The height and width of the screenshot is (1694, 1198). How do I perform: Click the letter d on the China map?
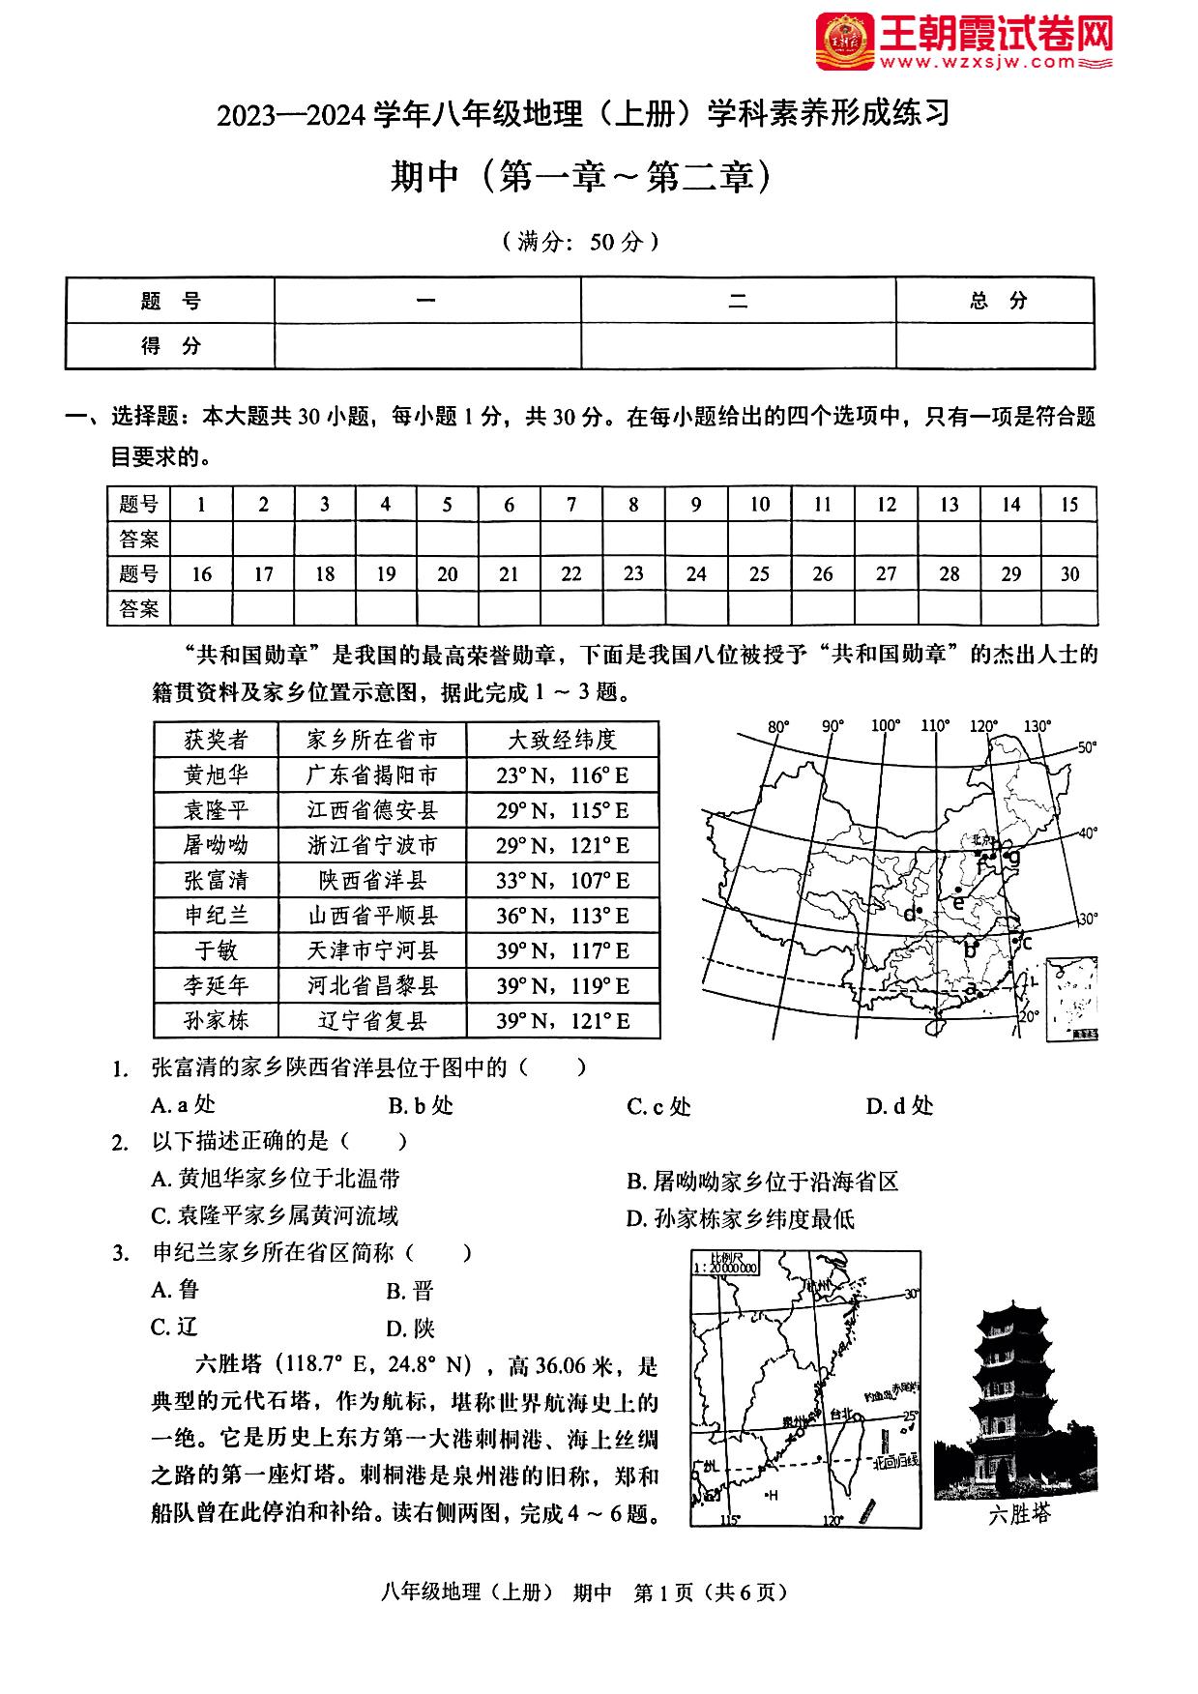point(909,914)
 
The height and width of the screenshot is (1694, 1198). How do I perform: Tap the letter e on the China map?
point(958,903)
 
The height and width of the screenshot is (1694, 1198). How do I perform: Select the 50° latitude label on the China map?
point(1087,747)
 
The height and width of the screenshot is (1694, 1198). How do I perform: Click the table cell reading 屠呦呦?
point(216,845)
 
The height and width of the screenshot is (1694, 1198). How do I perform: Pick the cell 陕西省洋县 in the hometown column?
point(372,880)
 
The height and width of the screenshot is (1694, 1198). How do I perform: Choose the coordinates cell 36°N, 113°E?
point(563,916)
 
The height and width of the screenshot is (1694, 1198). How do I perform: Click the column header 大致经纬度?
point(563,740)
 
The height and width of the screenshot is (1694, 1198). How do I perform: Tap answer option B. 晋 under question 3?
point(410,1291)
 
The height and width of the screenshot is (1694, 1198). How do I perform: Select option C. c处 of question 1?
point(658,1106)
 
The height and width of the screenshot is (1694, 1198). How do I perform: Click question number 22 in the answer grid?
point(571,573)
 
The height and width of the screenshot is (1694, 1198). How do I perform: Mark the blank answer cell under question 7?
point(571,539)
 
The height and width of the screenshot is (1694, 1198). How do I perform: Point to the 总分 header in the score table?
point(997,301)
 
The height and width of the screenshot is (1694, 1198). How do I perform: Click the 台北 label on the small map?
point(842,1415)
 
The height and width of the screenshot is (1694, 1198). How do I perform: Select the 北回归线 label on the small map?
point(895,1463)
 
